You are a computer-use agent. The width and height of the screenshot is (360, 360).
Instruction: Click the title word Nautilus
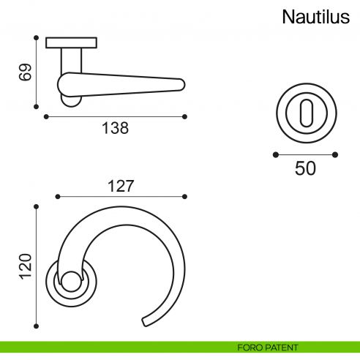[x=315, y=18]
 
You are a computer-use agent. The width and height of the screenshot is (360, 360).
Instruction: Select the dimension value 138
[x=115, y=128]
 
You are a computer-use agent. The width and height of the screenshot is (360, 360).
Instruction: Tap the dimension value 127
[x=121, y=186]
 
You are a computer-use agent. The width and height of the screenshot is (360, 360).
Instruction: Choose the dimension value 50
[x=305, y=168]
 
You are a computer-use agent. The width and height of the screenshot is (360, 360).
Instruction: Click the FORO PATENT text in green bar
[x=268, y=348]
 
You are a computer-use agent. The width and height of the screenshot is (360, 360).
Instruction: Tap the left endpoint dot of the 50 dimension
[x=275, y=154]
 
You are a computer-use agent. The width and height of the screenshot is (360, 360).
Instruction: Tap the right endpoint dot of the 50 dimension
[x=336, y=154]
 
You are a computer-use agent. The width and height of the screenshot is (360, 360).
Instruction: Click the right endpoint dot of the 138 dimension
[x=186, y=116]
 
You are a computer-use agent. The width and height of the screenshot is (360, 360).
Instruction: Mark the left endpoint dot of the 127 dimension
[x=57, y=196]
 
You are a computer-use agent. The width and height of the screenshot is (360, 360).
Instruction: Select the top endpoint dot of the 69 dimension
[x=36, y=37]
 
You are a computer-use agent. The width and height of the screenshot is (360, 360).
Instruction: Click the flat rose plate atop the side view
[x=71, y=42]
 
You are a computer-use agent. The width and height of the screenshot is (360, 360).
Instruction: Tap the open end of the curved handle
[x=147, y=320]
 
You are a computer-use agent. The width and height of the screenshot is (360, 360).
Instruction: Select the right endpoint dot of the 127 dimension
[x=185, y=196]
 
